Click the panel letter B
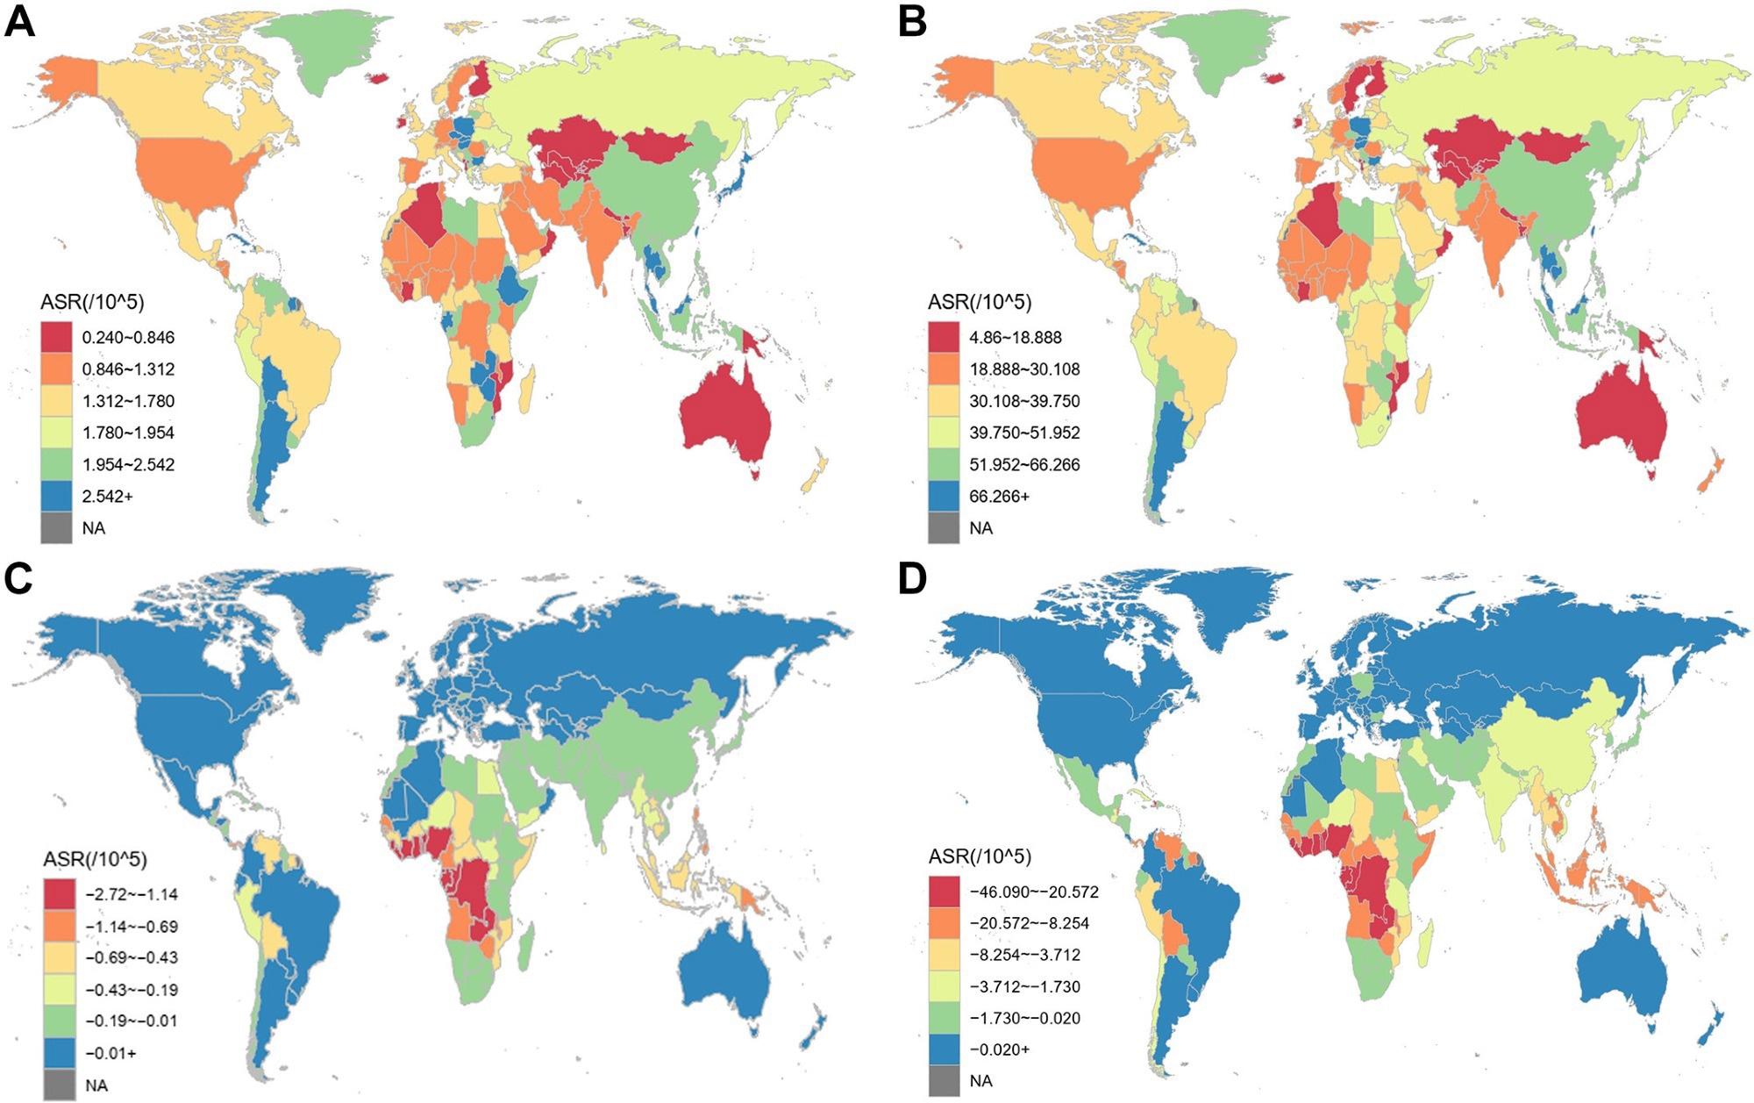coord(912,20)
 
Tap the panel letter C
coord(18,578)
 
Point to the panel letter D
coord(912,578)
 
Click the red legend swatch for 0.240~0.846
coord(56,338)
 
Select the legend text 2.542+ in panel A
coord(107,497)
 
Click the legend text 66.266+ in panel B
coord(999,497)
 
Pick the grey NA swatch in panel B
coord(944,528)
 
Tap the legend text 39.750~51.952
coord(1024,433)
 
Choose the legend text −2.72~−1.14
coord(132,895)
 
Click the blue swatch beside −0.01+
coord(60,1053)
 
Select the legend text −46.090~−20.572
coord(1033,892)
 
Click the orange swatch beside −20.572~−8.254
coord(945,923)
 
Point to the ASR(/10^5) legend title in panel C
coord(95,859)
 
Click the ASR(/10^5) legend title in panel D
coord(980,856)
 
